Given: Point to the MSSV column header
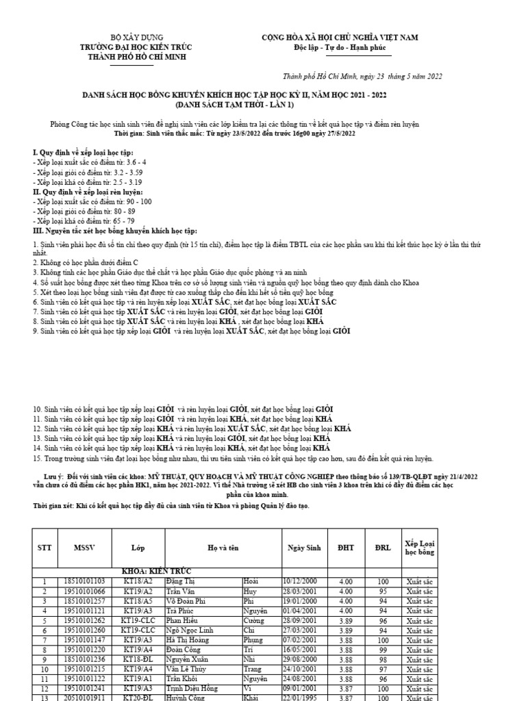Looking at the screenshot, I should [x=86, y=548].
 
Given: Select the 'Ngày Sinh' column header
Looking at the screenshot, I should [x=305, y=548].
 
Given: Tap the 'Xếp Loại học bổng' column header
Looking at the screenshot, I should [x=419, y=547].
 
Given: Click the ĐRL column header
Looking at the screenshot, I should [x=384, y=548].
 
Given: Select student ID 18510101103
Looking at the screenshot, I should [x=84, y=581].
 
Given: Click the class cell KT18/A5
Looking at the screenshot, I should [x=138, y=600].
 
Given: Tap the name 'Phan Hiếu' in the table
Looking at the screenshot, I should [x=181, y=620].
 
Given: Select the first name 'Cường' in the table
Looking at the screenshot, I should [x=254, y=620].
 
